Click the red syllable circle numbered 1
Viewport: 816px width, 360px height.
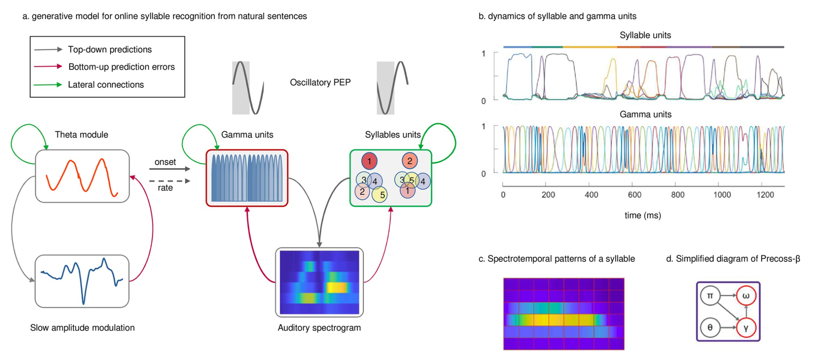coord(369,161)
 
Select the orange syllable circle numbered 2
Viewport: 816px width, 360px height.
coord(409,161)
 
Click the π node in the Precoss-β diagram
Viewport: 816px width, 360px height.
coord(710,296)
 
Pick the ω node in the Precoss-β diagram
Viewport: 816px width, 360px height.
coord(746,296)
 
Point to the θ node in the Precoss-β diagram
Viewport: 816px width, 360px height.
coord(710,328)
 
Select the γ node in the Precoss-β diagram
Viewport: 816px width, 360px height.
coord(746,328)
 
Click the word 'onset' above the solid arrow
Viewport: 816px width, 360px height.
coord(165,162)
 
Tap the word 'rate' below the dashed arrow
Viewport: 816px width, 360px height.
coord(165,188)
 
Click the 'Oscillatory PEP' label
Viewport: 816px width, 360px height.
coord(320,82)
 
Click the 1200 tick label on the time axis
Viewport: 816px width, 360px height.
coord(765,195)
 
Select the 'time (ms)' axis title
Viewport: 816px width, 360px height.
coord(643,215)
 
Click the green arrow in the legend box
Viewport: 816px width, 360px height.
coord(48,85)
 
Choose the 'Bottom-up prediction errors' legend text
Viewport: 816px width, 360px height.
coord(121,67)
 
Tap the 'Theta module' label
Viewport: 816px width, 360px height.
coord(81,135)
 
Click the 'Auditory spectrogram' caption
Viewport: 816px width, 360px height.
coord(319,328)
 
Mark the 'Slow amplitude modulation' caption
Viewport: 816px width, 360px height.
coord(82,328)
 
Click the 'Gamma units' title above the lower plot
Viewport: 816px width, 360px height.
coord(645,115)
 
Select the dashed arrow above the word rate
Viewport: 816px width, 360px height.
coord(170,181)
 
